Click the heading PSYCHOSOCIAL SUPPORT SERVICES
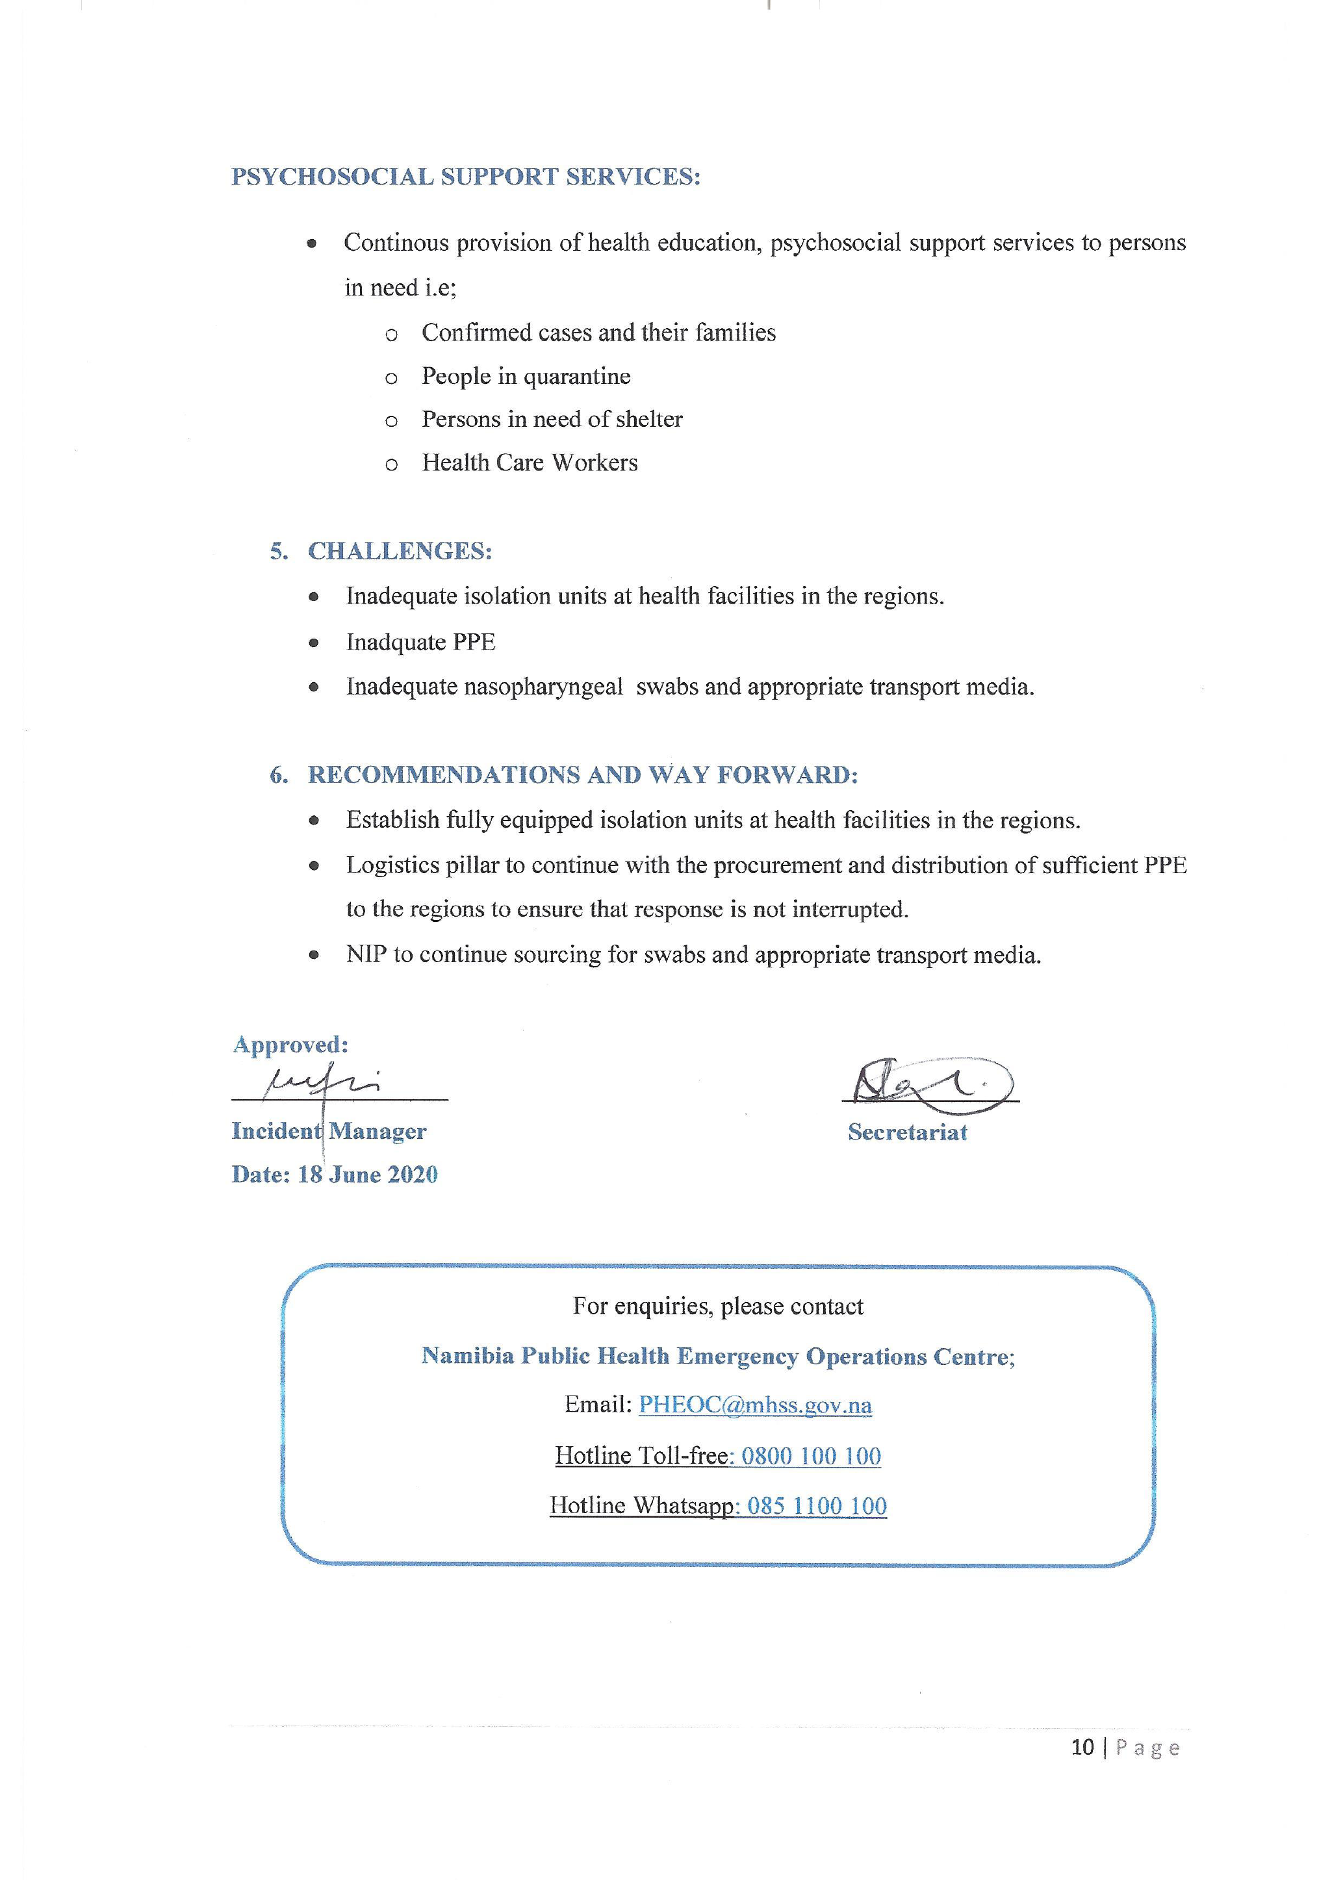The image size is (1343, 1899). [466, 177]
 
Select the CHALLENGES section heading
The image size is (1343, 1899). [400, 551]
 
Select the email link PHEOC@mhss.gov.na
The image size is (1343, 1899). [755, 1405]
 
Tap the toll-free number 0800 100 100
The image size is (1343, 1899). [810, 1456]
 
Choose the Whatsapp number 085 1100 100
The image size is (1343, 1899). [817, 1505]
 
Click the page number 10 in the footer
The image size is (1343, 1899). [1082, 1747]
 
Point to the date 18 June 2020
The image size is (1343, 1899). [367, 1175]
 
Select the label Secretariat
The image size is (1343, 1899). [907, 1132]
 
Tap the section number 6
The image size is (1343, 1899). [278, 775]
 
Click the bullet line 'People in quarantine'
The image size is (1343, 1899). [526, 376]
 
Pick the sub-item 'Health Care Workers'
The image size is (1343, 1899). [530, 463]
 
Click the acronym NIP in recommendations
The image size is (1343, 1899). [366, 954]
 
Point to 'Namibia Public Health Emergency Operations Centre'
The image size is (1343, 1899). [716, 1356]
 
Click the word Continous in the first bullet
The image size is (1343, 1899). [396, 242]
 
